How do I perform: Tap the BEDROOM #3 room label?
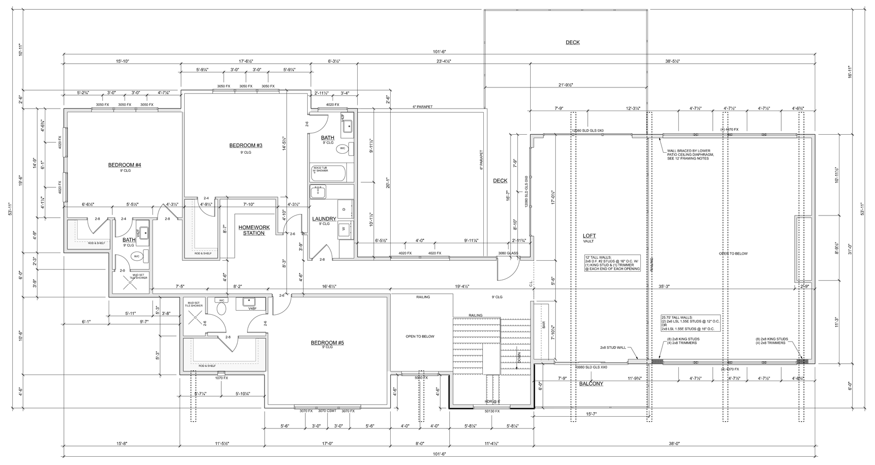click(246, 146)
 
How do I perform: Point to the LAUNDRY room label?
click(324, 219)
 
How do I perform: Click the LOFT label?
click(589, 236)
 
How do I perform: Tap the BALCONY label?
click(591, 384)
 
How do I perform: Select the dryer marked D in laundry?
click(344, 209)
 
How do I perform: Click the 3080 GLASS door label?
click(508, 253)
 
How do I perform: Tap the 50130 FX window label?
click(492, 412)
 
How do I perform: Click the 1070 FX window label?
click(221, 378)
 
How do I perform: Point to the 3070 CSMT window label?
click(327, 410)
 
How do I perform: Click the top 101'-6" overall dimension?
click(439, 51)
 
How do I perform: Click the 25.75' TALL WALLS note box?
click(690, 323)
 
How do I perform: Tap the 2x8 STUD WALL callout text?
click(612, 348)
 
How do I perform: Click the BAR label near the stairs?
click(544, 325)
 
